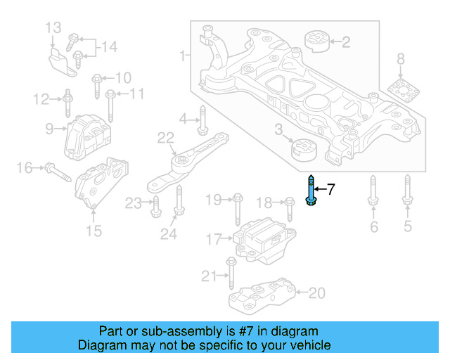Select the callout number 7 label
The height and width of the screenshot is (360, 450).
pos(331,189)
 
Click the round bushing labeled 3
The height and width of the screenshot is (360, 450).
pos(304,150)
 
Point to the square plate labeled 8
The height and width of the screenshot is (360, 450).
pos(401,90)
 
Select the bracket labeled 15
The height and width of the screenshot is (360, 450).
pos(101,184)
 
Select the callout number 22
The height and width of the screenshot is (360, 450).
pos(165,138)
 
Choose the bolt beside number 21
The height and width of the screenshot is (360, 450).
pos(231,273)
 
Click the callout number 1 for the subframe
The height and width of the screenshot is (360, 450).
pos(183,55)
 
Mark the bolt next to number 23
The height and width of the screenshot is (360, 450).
pos(155,205)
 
